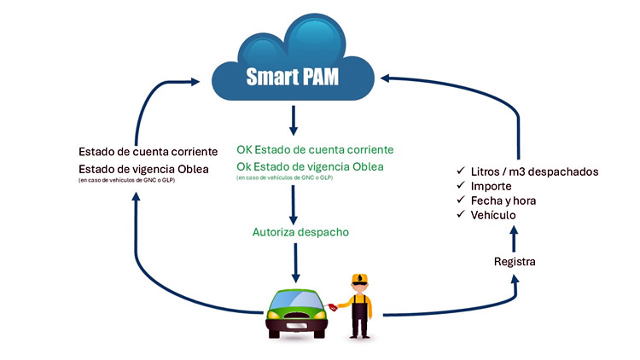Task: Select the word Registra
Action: (x=515, y=261)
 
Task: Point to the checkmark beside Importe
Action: (x=460, y=186)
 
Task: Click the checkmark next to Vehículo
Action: (x=460, y=215)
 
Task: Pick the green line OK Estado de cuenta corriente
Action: (x=315, y=150)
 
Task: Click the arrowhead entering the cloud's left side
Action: (x=219, y=81)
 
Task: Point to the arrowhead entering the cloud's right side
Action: (x=386, y=79)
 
